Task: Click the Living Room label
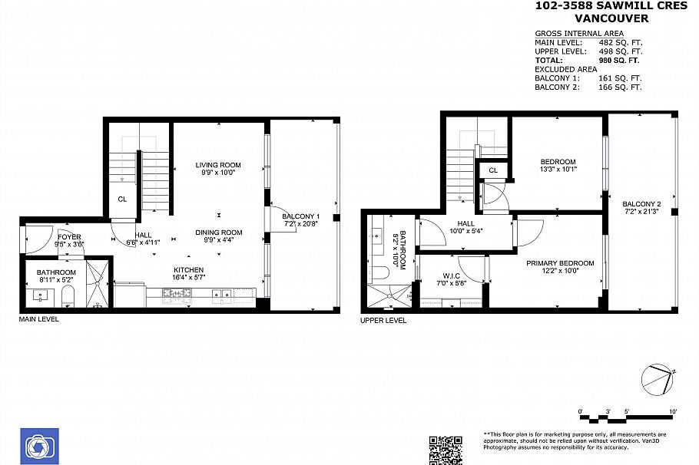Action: point(218,165)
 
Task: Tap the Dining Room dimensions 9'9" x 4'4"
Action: point(218,241)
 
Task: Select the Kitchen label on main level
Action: point(188,269)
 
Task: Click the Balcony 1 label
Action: point(301,217)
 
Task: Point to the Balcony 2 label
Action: point(641,203)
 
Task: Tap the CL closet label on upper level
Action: point(493,170)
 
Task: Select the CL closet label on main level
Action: point(122,200)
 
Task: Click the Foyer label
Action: point(69,236)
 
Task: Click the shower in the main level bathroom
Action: point(97,283)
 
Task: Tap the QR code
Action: point(445,450)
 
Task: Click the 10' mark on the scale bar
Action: point(673,412)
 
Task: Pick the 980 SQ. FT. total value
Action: point(619,60)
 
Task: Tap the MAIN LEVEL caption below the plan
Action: point(38,319)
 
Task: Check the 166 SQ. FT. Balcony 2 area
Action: point(619,87)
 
